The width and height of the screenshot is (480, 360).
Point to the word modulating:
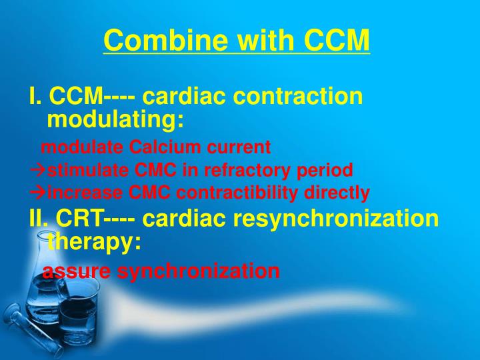coord(115,120)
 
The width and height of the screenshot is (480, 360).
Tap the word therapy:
coord(94,241)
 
